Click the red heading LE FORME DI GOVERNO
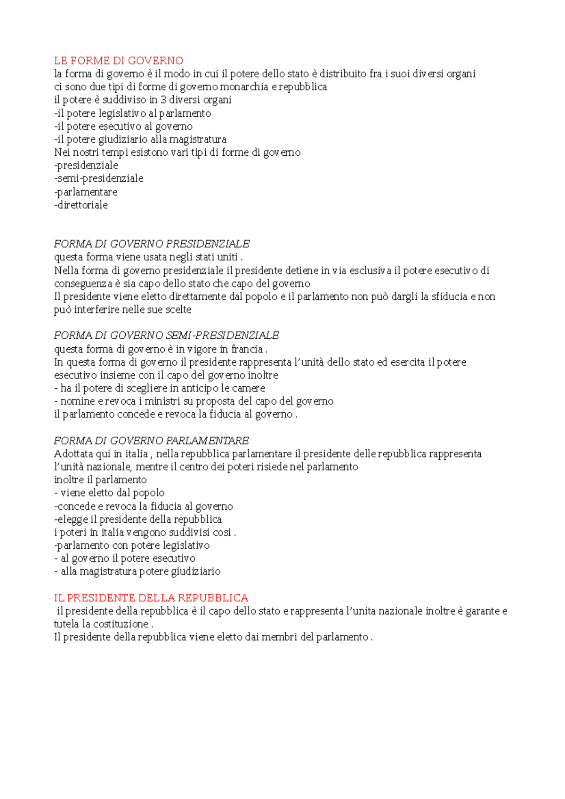(x=119, y=61)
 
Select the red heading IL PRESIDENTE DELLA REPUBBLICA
(x=151, y=598)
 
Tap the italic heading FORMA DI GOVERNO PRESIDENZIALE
(x=152, y=244)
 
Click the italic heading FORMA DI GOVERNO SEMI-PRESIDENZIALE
(x=167, y=336)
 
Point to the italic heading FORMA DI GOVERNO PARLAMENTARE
(x=152, y=441)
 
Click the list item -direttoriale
(x=81, y=205)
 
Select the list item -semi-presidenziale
(x=99, y=179)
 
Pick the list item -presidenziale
(x=86, y=166)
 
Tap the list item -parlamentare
(x=86, y=192)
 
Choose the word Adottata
(x=74, y=454)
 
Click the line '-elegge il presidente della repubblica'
(x=138, y=519)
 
